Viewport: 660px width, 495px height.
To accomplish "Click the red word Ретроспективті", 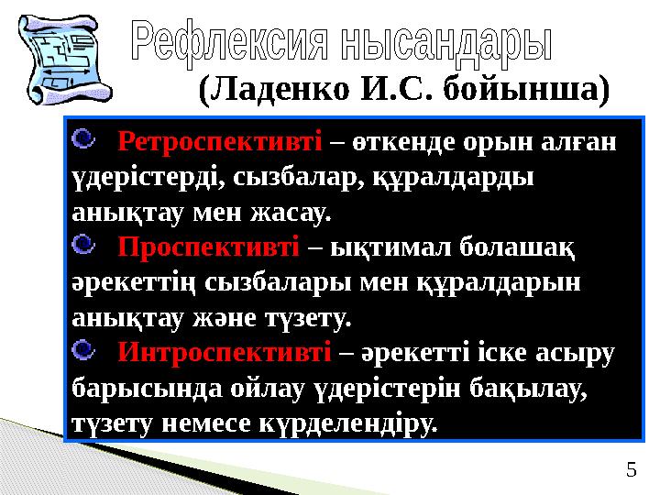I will (x=220, y=143).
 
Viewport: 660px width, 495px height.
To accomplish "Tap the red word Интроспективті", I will (x=225, y=352).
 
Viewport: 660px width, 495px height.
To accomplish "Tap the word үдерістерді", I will (x=142, y=178).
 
